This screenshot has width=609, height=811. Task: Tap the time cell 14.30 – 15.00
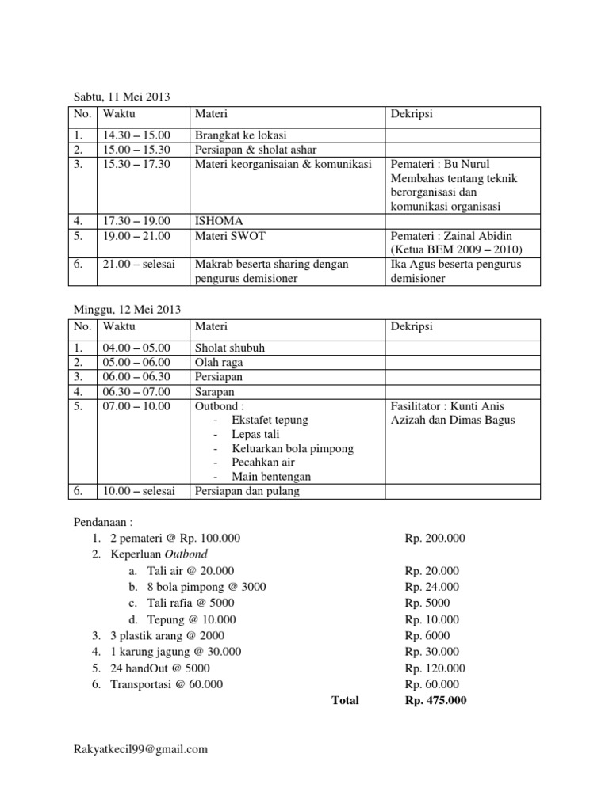[x=140, y=135]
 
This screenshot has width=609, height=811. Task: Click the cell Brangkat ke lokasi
[x=241, y=135]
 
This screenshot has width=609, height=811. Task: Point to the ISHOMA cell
[x=218, y=220]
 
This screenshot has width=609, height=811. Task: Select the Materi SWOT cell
[x=230, y=235]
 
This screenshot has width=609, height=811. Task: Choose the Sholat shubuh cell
[x=230, y=348]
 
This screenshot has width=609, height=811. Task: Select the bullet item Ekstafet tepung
[x=270, y=420]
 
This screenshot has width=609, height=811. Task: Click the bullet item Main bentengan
[x=271, y=477]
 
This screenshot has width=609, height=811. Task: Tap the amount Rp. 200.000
[x=435, y=539]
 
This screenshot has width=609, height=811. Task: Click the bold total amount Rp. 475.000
[x=435, y=700]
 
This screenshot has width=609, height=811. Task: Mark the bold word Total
[x=343, y=700]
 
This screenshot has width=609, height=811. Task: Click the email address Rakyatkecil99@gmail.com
[x=140, y=748]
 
